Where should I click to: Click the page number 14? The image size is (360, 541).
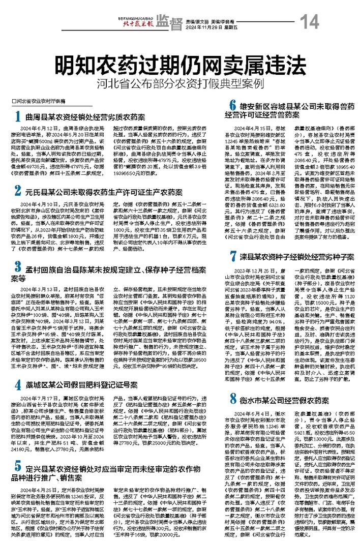(x=309, y=22)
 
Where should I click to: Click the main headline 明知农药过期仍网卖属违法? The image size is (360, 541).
(x=179, y=64)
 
